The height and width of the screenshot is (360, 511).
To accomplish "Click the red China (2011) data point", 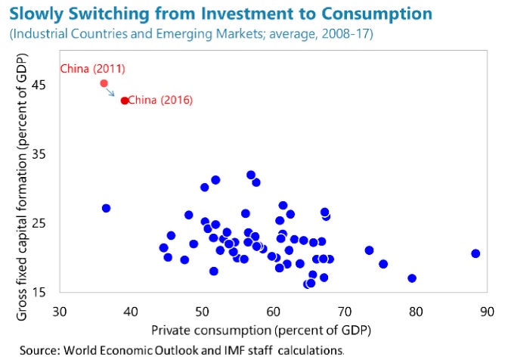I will pos(104,83).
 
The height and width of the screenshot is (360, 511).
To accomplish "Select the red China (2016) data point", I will pos(124,100).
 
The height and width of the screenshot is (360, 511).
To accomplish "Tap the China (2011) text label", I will pos(92,69).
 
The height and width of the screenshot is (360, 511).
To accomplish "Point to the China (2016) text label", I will pos(160,100).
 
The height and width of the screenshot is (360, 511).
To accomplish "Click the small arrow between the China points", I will pos(111,92).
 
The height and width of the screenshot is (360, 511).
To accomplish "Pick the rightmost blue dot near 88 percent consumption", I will pos(475,253).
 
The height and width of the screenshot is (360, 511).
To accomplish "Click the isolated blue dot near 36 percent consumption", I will pos(106,208).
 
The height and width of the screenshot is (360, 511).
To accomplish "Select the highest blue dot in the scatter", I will pos(251,175).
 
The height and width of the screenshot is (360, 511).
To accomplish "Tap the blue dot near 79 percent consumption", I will pos(412,278).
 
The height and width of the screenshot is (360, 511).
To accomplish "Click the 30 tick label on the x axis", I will pos(60,311).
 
